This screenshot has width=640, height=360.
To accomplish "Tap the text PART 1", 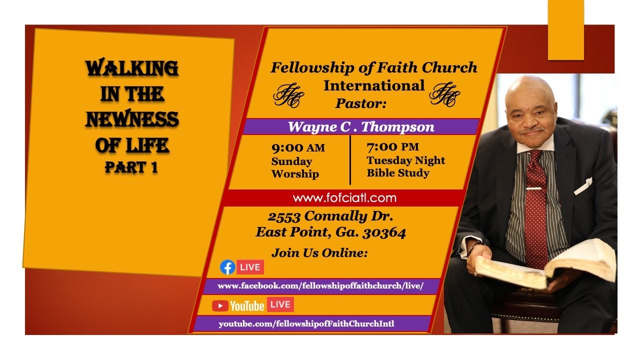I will pos(131,168).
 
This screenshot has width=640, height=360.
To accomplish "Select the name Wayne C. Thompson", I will pos(361,127).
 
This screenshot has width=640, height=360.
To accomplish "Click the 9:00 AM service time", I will pos(298,147).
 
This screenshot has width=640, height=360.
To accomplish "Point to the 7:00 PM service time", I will pos(392,147).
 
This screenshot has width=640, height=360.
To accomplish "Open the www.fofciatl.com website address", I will pos(344,198).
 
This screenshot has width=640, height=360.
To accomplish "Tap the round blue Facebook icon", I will pos(227,267).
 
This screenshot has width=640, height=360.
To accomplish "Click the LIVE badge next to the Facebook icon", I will pos(250,267).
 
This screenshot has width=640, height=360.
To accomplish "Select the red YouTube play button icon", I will pos(220,305).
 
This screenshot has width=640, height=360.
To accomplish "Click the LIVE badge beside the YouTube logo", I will pos(280,304).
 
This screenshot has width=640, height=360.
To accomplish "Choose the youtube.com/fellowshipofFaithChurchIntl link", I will pos(306,323).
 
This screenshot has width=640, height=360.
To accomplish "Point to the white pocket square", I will pos(583,186).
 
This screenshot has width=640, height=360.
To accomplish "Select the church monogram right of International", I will pos(444,94).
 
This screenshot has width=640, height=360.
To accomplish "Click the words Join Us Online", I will pos(319,253).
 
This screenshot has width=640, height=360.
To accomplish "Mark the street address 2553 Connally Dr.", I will pos(330,216).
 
